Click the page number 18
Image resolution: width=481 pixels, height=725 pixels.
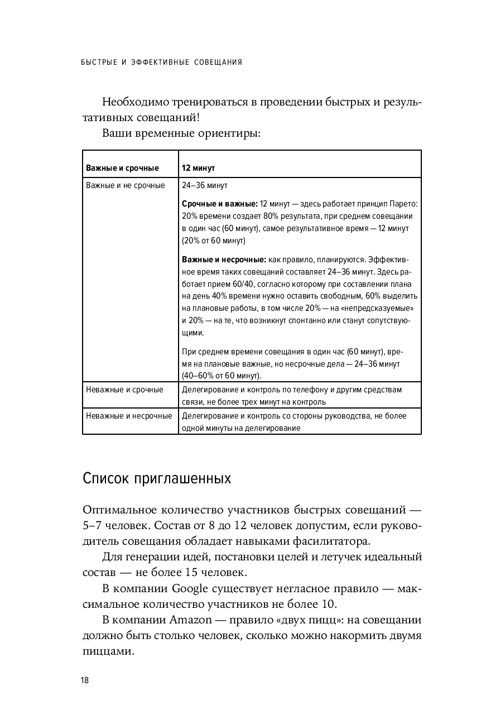click(84, 680)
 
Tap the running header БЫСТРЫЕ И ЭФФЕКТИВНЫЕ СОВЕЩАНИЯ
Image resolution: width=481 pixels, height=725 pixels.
click(162, 62)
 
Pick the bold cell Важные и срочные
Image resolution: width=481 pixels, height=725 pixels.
click(122, 168)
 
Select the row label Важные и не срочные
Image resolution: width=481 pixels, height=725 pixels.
click(125, 185)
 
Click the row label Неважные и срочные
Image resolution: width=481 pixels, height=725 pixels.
click(124, 390)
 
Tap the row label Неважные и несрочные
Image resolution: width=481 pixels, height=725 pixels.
click(129, 416)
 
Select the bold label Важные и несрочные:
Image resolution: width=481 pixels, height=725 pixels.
click(224, 260)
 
